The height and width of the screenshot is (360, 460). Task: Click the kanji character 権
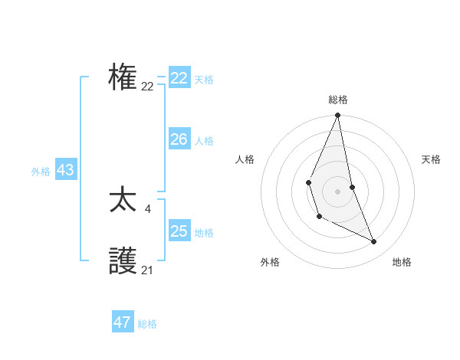click(x=123, y=78)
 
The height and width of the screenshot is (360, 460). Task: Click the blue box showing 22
click(x=179, y=78)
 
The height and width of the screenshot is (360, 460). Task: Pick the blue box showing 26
click(x=179, y=139)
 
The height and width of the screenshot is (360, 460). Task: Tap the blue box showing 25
click(x=179, y=231)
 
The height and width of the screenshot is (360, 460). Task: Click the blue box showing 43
click(x=65, y=170)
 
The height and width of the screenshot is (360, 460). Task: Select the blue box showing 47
click(x=123, y=322)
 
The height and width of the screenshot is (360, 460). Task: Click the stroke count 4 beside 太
click(x=148, y=209)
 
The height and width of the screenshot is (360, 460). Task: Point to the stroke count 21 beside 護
click(x=147, y=270)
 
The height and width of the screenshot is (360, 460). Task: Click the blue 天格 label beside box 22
click(x=204, y=80)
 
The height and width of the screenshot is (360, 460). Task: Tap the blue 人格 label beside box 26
click(x=204, y=141)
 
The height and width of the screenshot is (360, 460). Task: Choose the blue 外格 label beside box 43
click(x=41, y=172)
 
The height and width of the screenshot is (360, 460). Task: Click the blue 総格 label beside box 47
click(x=147, y=324)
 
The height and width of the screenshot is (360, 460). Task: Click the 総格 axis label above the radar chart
click(x=338, y=100)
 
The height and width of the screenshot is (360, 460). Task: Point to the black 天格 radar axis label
click(x=432, y=159)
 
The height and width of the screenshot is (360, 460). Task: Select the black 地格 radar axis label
click(x=402, y=262)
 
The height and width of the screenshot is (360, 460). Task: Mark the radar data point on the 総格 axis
click(x=337, y=116)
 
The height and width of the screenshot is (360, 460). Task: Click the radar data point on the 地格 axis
click(x=374, y=241)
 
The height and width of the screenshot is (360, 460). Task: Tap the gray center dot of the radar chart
click(x=337, y=191)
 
